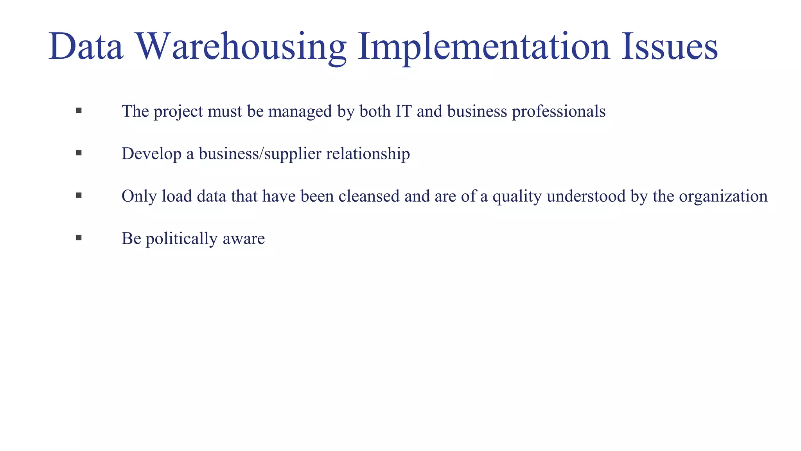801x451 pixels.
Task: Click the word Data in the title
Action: [x=86, y=47]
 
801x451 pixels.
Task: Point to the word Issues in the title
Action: [x=669, y=47]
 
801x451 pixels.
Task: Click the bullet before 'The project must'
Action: [x=79, y=111]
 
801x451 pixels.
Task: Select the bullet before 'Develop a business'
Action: [x=79, y=153]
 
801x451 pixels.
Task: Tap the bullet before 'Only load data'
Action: [x=79, y=195]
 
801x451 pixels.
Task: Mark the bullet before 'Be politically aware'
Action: [x=79, y=238]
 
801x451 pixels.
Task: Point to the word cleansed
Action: [x=369, y=196]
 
